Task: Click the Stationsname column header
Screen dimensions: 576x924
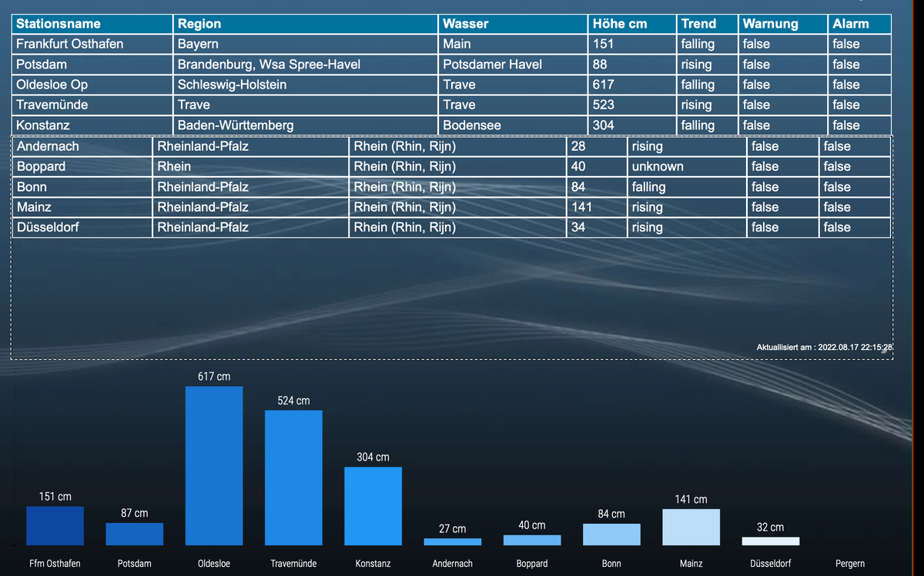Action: [x=59, y=24]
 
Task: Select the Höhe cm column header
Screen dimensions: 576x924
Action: [x=619, y=24]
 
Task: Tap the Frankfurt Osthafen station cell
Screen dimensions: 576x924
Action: [x=69, y=44]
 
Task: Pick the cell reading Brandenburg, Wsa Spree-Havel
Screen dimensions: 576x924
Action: [x=269, y=65]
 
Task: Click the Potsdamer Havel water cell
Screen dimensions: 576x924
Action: [x=492, y=65]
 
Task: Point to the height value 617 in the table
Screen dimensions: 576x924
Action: [x=603, y=85]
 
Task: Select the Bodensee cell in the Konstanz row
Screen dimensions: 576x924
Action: [x=471, y=125]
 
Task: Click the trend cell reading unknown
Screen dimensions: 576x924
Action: [x=658, y=167]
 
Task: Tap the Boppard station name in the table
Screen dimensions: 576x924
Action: [x=41, y=167]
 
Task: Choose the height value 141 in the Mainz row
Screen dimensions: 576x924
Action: [x=581, y=207]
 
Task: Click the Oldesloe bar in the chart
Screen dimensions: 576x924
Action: [x=214, y=465]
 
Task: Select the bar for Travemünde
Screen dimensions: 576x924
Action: [x=293, y=478]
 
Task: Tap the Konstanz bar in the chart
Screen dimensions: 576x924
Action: [x=373, y=506]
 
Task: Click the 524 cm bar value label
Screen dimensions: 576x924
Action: [x=293, y=401]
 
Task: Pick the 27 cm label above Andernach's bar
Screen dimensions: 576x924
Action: [x=452, y=529]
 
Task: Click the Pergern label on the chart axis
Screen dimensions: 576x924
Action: [x=849, y=564]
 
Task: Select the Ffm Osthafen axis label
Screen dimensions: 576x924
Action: [x=55, y=564]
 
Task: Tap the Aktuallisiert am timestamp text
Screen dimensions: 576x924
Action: [x=824, y=348]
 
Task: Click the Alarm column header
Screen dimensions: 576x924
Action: [x=850, y=24]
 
